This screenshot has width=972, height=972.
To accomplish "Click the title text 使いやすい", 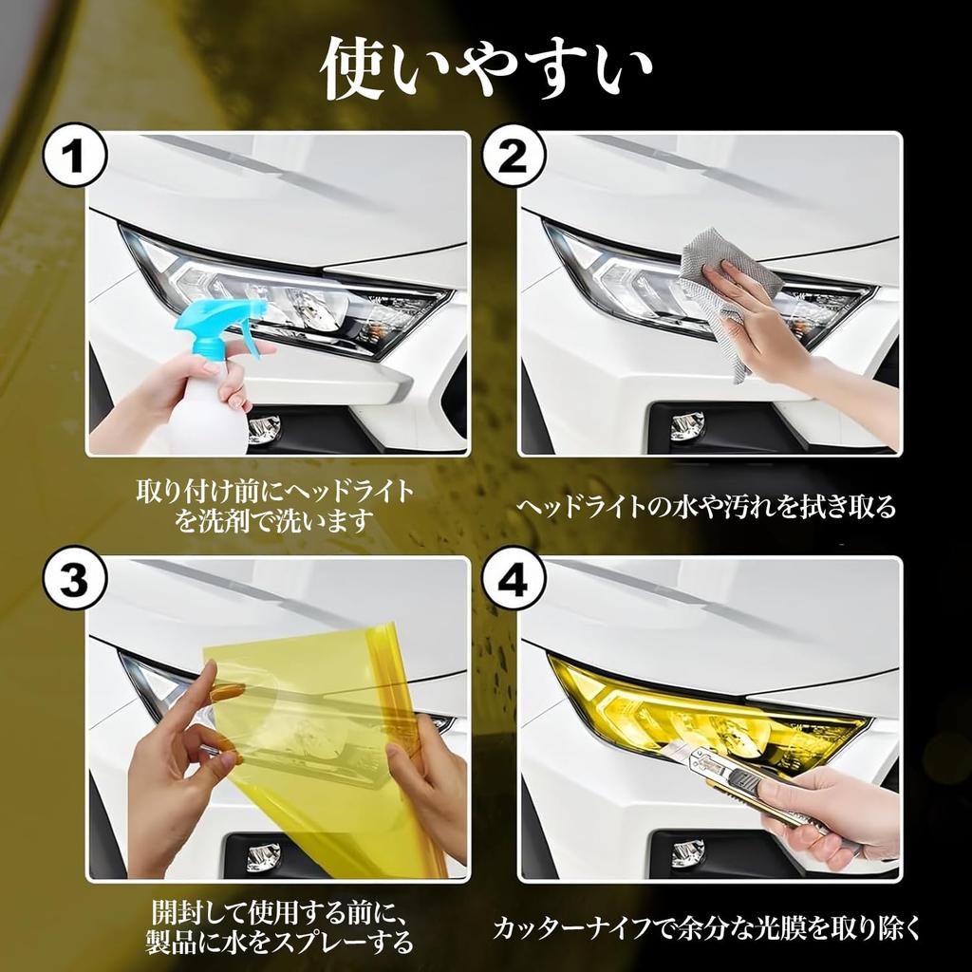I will [486, 71].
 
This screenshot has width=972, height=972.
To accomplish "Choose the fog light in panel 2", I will [687, 427].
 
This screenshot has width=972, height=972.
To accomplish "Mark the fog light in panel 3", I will [263, 854].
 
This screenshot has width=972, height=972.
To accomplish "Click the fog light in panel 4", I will [687, 852].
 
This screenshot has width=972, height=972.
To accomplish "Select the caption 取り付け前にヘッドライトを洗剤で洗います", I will [275, 506].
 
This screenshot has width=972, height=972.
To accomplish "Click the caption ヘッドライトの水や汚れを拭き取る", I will [706, 507].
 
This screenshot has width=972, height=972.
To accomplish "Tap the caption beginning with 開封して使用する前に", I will [282, 926].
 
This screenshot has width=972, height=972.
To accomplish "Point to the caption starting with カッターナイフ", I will [707, 926].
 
